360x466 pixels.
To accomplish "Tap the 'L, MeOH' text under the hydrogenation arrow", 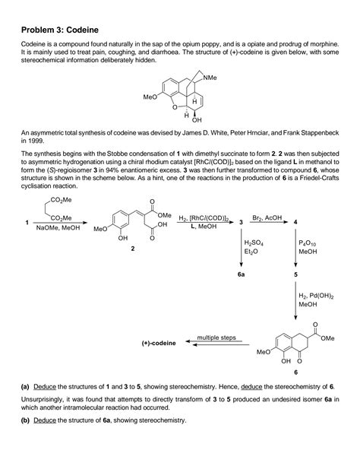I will coord(201,227).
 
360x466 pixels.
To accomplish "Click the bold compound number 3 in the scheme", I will coord(241,222).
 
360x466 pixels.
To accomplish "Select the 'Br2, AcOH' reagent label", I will coord(269,217).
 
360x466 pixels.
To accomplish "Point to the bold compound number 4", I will coord(295,222).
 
